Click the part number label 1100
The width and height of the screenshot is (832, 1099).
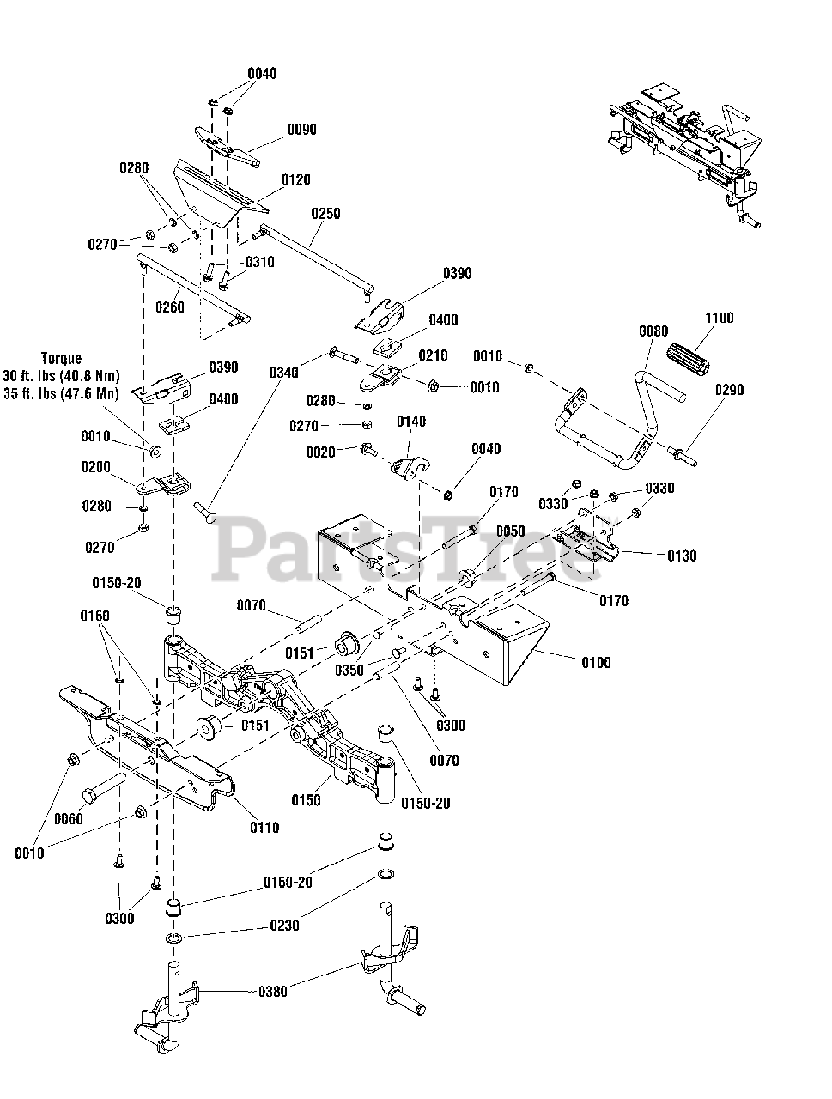pyautogui.click(x=719, y=318)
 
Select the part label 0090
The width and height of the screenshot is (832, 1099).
pyautogui.click(x=301, y=130)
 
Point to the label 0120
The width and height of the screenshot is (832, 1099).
pyautogui.click(x=295, y=180)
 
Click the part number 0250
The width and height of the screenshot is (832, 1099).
pyautogui.click(x=325, y=213)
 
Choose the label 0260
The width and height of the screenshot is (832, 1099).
pyautogui.click(x=169, y=307)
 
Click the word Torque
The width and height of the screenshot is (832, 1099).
pyautogui.click(x=60, y=358)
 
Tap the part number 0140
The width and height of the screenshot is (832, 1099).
pyautogui.click(x=411, y=422)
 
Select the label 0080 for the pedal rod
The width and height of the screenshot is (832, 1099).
pyautogui.click(x=653, y=331)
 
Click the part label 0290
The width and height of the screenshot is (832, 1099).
pyautogui.click(x=729, y=390)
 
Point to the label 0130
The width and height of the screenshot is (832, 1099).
pyautogui.click(x=682, y=556)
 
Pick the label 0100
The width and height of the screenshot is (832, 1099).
pyautogui.click(x=596, y=663)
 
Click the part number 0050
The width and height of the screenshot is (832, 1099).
pyautogui.click(x=510, y=531)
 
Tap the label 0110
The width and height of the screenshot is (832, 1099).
pyautogui.click(x=264, y=828)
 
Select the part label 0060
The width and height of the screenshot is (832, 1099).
pyautogui.click(x=69, y=819)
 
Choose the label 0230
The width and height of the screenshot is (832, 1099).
pyautogui.click(x=284, y=926)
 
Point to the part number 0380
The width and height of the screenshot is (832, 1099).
pyautogui.click(x=272, y=992)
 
